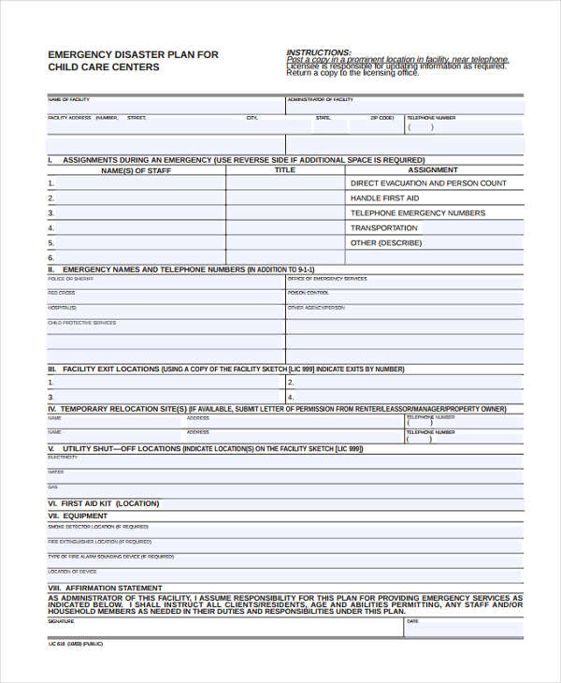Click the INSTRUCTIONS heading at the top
(x=319, y=52)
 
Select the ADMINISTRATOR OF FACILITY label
(x=320, y=98)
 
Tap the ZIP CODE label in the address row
(x=381, y=118)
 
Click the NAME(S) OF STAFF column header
(x=136, y=170)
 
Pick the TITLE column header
(x=284, y=170)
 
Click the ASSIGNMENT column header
(x=433, y=170)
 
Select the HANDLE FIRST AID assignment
(x=384, y=198)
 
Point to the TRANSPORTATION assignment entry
(x=384, y=228)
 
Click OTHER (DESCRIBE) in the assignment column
(x=386, y=243)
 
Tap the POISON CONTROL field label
(x=309, y=293)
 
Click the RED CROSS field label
(x=62, y=293)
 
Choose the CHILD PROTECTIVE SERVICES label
(x=82, y=323)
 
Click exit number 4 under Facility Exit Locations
(x=291, y=397)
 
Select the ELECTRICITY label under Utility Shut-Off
(x=63, y=458)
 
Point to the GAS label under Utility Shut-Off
(x=52, y=487)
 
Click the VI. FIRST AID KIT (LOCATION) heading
(x=104, y=503)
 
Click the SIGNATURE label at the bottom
(x=61, y=620)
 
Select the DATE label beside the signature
(x=412, y=620)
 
